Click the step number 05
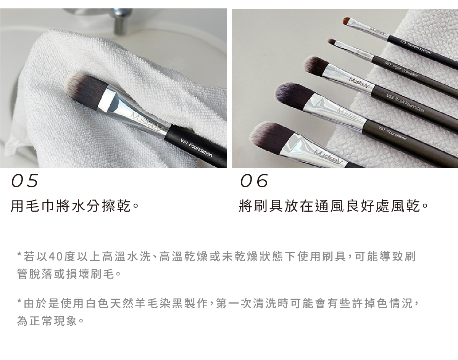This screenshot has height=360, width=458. click(25, 181)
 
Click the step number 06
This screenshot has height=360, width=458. click(254, 181)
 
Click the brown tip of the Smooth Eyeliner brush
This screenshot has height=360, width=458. click(347, 19)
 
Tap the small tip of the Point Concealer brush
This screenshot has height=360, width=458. click(331, 41)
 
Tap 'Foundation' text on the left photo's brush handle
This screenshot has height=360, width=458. click(200, 151)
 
